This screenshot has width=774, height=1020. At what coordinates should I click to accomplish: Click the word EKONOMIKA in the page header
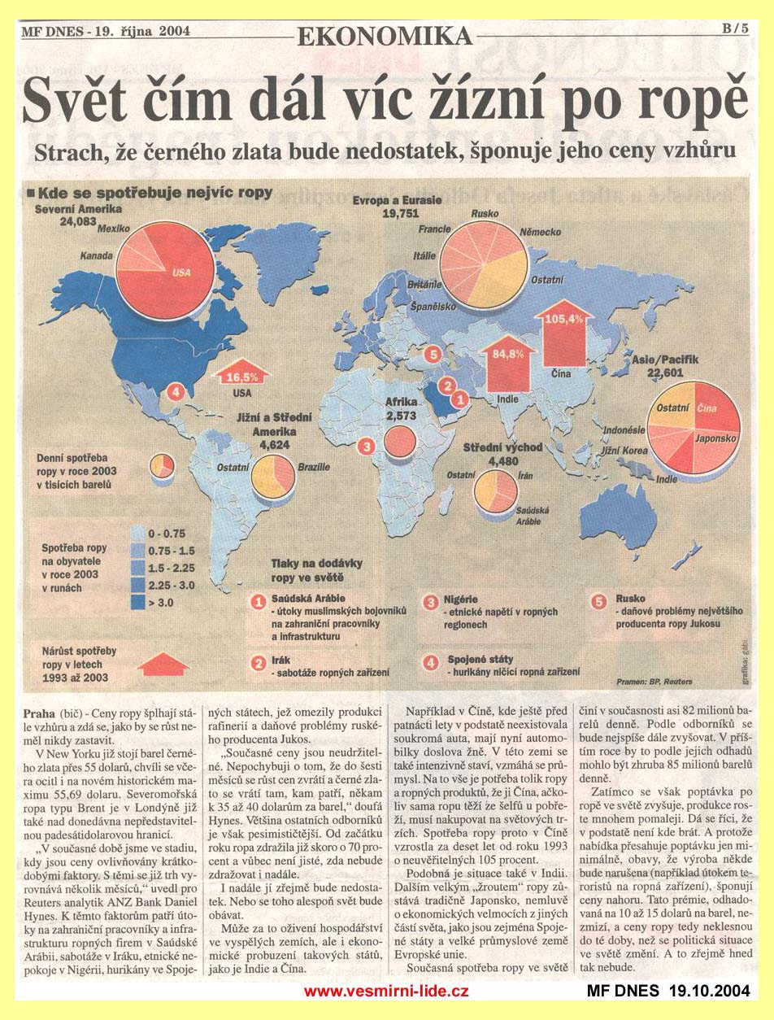385,36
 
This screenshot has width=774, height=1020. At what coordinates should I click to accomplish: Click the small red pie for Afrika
400,440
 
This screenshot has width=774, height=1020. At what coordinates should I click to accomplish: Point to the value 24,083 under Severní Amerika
78,221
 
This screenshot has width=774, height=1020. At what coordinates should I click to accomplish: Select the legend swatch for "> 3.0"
139,602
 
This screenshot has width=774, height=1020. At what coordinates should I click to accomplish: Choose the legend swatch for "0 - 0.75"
139,534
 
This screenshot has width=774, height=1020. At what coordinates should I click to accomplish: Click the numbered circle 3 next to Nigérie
431,602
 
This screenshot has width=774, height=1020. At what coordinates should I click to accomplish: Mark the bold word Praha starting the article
41,702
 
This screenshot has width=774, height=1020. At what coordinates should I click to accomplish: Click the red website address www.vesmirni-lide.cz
386,992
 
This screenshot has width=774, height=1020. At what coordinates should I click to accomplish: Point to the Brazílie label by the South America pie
314,468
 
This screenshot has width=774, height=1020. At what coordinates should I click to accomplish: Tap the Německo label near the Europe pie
541,233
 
